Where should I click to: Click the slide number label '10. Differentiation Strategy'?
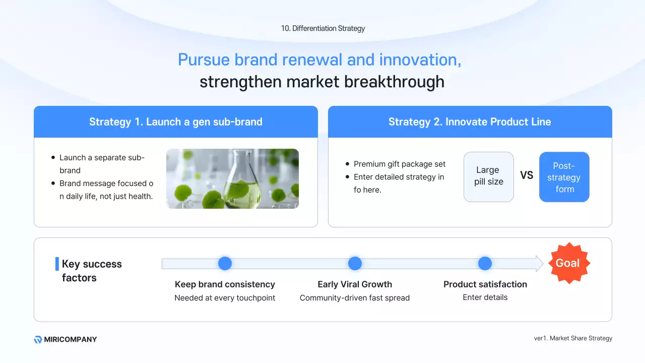click(x=323, y=28)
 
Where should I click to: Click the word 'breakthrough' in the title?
click(x=394, y=82)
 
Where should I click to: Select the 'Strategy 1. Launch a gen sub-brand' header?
click(x=176, y=122)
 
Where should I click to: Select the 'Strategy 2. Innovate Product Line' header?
click(x=470, y=122)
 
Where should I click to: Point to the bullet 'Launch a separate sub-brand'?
click(x=102, y=164)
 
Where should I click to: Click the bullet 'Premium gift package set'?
click(x=400, y=164)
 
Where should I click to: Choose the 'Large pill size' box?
click(x=489, y=177)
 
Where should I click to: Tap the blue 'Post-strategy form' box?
click(x=564, y=177)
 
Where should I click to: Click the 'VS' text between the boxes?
click(x=527, y=175)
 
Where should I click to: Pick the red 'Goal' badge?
click(x=569, y=263)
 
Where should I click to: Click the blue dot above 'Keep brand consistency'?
click(x=225, y=263)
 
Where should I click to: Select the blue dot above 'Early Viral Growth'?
click(x=355, y=263)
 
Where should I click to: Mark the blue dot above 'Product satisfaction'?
click(x=485, y=263)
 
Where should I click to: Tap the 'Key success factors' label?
click(x=92, y=271)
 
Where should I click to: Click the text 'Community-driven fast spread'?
click(x=354, y=297)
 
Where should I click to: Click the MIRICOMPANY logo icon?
click(x=38, y=339)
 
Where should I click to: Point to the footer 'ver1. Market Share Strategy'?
click(x=573, y=338)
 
